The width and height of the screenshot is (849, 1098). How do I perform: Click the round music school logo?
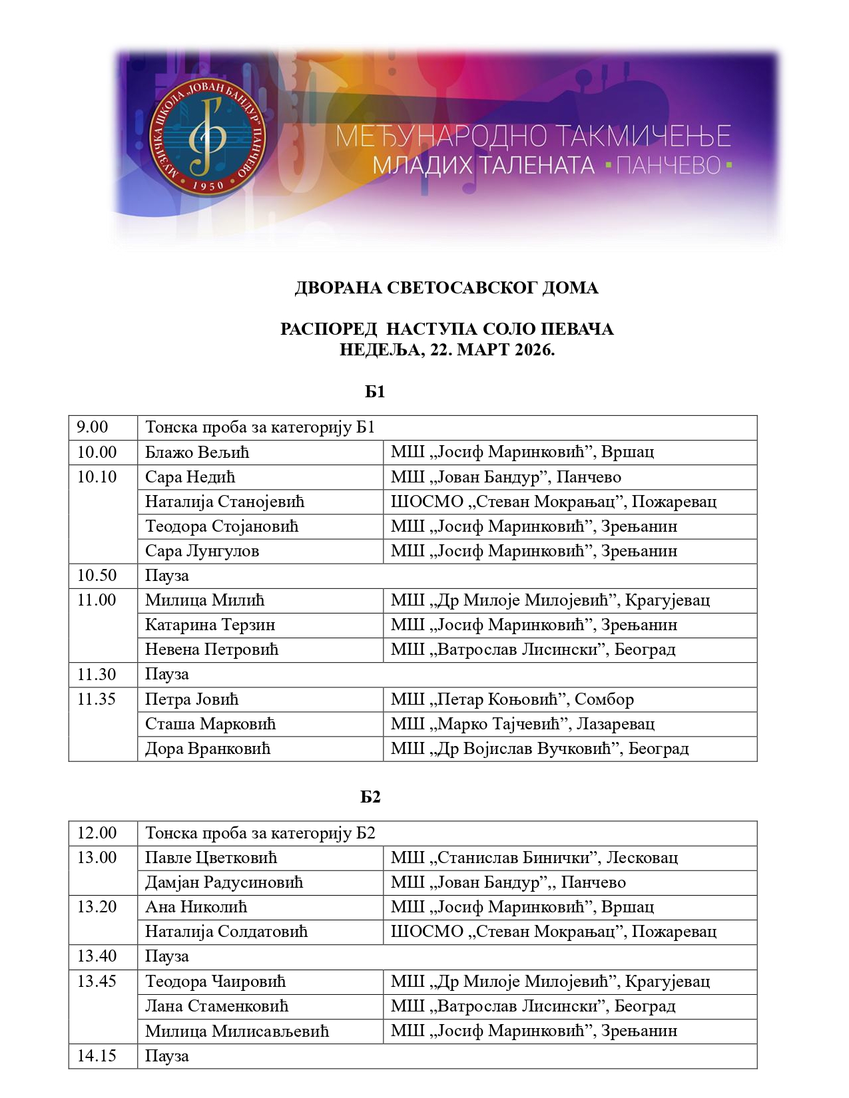pyautogui.click(x=208, y=138)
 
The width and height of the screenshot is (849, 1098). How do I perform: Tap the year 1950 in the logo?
pyautogui.click(x=208, y=186)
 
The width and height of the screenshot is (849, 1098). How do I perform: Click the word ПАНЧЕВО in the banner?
pyautogui.click(x=669, y=166)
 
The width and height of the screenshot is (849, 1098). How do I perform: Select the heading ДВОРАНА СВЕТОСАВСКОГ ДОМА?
pyautogui.click(x=446, y=288)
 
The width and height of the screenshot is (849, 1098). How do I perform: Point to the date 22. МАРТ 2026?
pyautogui.click(x=492, y=350)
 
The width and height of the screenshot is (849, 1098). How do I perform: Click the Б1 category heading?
pyautogui.click(x=375, y=392)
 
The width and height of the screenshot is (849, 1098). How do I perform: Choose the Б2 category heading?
pyautogui.click(x=370, y=797)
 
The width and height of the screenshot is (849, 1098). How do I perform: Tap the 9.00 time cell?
pyautogui.click(x=93, y=427)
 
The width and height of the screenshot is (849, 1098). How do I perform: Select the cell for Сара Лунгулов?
pyautogui.click(x=202, y=551)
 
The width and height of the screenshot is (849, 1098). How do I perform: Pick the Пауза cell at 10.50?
pyautogui.click(x=167, y=576)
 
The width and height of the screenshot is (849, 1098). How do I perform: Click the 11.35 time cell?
pyautogui.click(x=97, y=699)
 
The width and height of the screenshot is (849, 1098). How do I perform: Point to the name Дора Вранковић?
pyautogui.click(x=208, y=749)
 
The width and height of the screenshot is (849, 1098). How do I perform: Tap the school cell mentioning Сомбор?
pyautogui.click(x=512, y=699)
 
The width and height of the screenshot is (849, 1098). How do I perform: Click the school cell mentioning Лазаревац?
pyautogui.click(x=523, y=724)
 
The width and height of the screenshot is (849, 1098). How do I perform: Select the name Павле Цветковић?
pyautogui.click(x=211, y=858)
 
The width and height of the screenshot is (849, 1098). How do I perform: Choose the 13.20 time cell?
pyautogui.click(x=97, y=907)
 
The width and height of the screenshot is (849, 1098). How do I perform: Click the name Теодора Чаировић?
pyautogui.click(x=215, y=982)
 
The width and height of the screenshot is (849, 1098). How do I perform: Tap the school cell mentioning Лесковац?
pyautogui.click(x=534, y=858)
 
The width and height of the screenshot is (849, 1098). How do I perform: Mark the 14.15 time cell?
pyautogui.click(x=97, y=1056)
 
